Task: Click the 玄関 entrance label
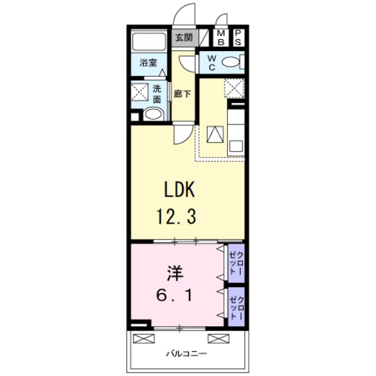(x=184, y=38)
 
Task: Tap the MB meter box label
(x=221, y=38)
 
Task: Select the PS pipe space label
(x=238, y=38)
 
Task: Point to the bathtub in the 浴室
(x=149, y=42)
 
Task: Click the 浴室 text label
(x=148, y=63)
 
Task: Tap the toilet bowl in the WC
(x=231, y=62)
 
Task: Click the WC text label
(x=211, y=63)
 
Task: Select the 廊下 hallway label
(x=182, y=94)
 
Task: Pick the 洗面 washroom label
(x=157, y=94)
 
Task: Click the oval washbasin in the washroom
(x=153, y=114)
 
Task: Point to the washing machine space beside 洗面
(x=140, y=92)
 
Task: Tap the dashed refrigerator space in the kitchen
(x=234, y=88)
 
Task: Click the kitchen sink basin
(x=236, y=146)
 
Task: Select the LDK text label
(x=179, y=189)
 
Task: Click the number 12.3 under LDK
(x=176, y=216)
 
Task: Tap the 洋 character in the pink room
(x=175, y=273)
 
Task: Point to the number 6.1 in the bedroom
(x=174, y=295)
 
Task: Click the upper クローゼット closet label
(x=236, y=263)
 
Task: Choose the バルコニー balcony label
(x=187, y=354)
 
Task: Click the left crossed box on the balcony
(x=143, y=338)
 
